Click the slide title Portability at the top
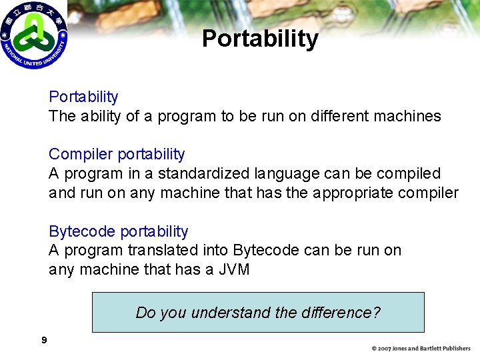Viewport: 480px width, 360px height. pos(260,39)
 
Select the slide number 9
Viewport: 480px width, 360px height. pos(44,341)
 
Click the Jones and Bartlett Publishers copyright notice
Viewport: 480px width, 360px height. pos(421,348)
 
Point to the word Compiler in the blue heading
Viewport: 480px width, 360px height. pos(81,155)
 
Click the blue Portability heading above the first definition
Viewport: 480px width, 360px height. pos(83,97)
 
